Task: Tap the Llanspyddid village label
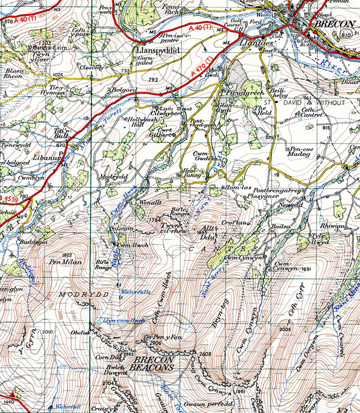pos(157,51)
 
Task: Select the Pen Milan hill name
pos(64,263)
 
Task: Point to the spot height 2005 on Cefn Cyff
pos(285,329)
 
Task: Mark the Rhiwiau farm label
pos(331,224)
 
